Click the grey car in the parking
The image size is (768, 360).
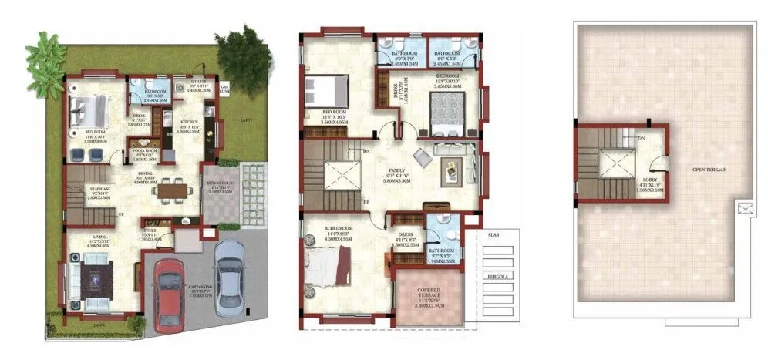229,278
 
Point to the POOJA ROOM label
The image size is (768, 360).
145,150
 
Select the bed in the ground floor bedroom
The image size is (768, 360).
90,109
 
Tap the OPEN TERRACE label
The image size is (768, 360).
709,169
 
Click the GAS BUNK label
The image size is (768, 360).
225,88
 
